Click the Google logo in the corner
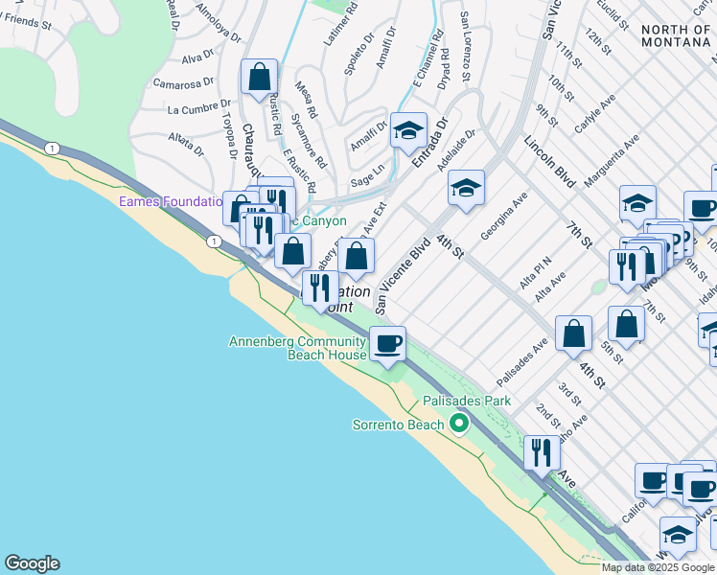click(x=32, y=563)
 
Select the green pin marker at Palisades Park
click(x=459, y=422)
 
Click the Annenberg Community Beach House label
click(x=297, y=348)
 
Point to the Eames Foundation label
click(x=170, y=202)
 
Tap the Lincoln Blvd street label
click(x=549, y=161)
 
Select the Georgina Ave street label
click(x=504, y=215)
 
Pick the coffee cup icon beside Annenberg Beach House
click(x=387, y=343)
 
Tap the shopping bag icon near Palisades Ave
click(x=573, y=333)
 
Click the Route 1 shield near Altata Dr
click(x=52, y=148)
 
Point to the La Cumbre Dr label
click(x=195, y=109)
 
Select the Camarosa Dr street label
click(x=180, y=84)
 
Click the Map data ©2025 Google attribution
click(x=659, y=567)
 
